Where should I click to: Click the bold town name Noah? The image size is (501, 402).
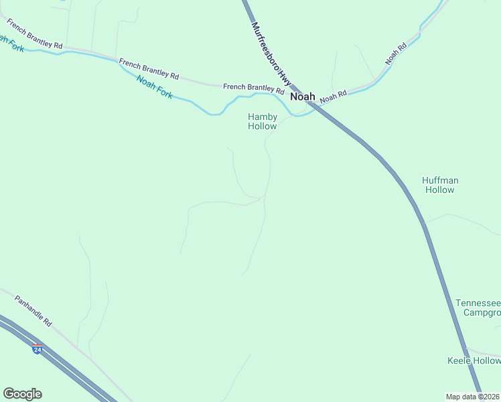[303, 96]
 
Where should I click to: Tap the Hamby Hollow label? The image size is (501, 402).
[263, 121]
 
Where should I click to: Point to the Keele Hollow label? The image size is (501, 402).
[474, 361]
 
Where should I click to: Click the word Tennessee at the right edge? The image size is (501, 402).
[478, 303]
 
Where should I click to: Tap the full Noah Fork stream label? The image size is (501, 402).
[155, 87]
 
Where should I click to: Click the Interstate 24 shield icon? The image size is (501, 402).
[38, 349]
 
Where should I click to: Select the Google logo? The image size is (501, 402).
[22, 394]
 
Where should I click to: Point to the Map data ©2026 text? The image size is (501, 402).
[472, 397]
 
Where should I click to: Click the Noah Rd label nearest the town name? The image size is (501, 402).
[333, 96]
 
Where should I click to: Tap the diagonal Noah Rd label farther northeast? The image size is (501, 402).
[396, 54]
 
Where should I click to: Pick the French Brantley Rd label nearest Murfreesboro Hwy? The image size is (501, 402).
[253, 87]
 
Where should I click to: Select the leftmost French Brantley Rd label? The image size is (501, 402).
[34, 33]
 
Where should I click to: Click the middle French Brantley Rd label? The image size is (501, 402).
[149, 68]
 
